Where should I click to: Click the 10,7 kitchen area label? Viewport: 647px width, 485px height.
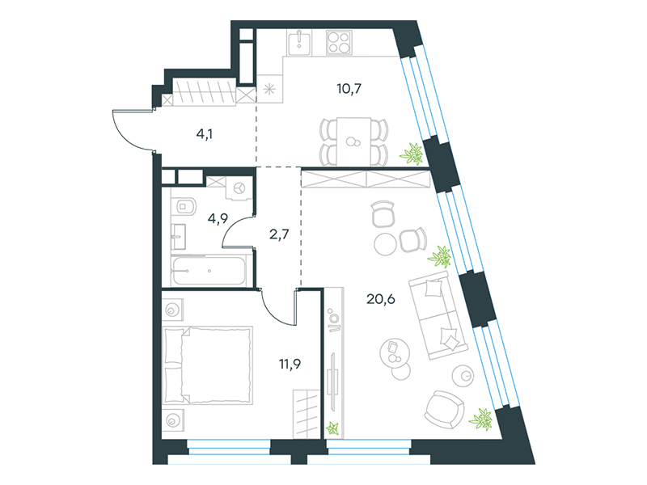point(349,89)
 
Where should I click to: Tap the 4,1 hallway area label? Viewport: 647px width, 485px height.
point(205,134)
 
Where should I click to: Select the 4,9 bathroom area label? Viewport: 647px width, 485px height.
point(218,218)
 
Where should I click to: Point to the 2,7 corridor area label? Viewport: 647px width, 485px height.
point(279,234)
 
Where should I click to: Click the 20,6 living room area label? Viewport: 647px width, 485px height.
point(381,299)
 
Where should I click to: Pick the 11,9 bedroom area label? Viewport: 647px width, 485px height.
point(290,365)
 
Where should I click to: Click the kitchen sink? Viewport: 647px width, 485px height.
point(299,43)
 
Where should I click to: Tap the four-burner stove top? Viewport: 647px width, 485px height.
point(339,43)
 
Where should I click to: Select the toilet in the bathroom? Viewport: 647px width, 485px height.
point(186,206)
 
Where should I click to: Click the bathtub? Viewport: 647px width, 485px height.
point(209,272)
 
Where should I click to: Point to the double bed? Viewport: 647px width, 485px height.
point(208,365)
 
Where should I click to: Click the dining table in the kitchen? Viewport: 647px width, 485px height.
point(353,141)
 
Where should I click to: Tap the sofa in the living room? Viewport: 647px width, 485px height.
point(438,315)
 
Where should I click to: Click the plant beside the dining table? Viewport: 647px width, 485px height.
point(412,154)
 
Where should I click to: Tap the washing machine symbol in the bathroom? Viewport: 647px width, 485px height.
point(239,189)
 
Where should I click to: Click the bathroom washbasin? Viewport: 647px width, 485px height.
point(178,237)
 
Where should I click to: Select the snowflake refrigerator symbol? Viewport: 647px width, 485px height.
point(269,89)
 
